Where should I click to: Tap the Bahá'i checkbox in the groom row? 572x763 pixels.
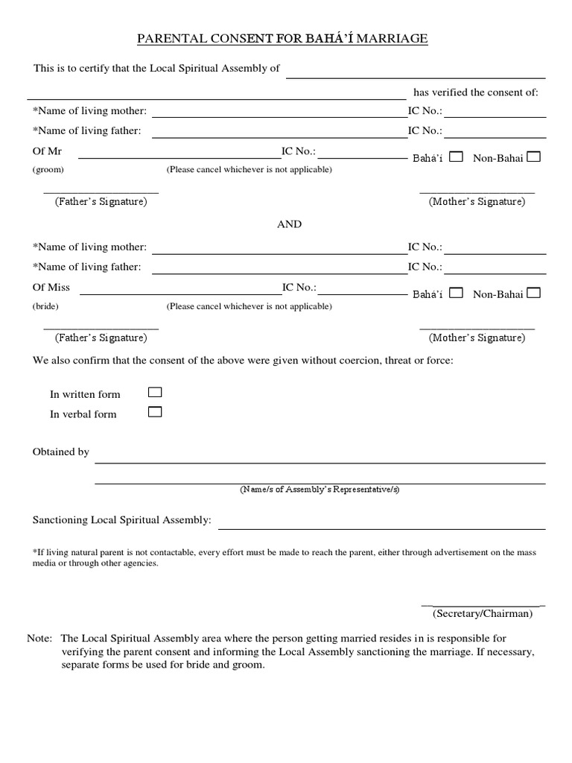tap(457, 156)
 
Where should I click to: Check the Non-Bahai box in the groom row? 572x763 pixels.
tap(534, 156)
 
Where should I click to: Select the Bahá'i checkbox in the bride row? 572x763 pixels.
tap(457, 293)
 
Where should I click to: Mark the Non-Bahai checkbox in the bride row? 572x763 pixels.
tap(534, 293)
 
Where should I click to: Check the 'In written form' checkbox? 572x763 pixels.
tap(155, 392)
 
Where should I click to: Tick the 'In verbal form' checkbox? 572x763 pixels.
tap(155, 412)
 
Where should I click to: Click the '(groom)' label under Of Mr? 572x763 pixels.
tap(48, 170)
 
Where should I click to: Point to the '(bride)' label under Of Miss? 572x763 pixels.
tap(45, 306)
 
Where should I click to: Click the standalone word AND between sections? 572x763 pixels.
tap(290, 224)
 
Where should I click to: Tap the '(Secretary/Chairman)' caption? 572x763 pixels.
tap(483, 614)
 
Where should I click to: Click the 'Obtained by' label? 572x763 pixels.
tap(61, 452)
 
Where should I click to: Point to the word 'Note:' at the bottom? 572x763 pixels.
tap(39, 639)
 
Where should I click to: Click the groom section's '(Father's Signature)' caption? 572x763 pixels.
tap(101, 202)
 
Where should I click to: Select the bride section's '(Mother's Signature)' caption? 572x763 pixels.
tap(477, 338)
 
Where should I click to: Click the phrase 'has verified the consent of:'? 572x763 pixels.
tap(475, 92)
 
